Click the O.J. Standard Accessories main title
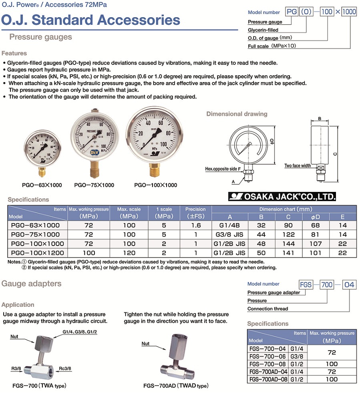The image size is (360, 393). tap(91, 20)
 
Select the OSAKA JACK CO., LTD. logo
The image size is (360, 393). tap(282, 196)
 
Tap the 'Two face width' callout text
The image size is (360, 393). tap(298, 165)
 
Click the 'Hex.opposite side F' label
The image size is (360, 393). tap(223, 169)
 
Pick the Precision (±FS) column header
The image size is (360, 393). tap(195, 213)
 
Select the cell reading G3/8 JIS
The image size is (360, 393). tap(229, 234)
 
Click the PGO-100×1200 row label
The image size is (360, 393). tap(36, 253)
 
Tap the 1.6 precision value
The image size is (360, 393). tap(195, 225)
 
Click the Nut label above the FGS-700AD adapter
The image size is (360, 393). tap(145, 343)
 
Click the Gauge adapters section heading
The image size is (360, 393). tap(32, 284)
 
